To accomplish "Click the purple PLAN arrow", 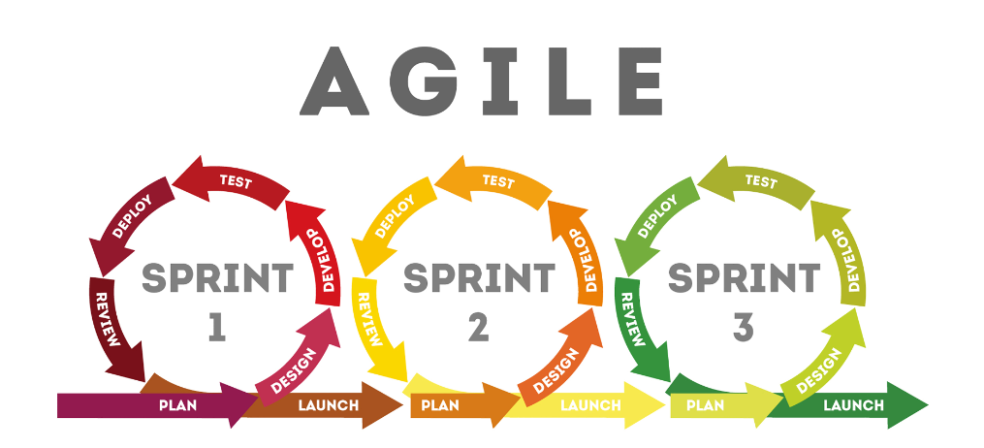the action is coord(158,404).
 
